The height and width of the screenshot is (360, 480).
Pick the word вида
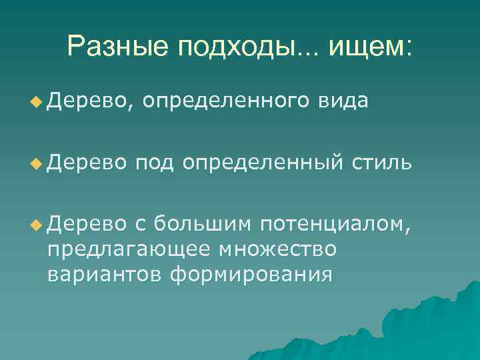pos(343,101)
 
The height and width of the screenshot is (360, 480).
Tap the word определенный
pos(263,163)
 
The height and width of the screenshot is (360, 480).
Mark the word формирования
pos(250,274)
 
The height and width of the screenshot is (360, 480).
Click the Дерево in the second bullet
pos(86,163)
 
